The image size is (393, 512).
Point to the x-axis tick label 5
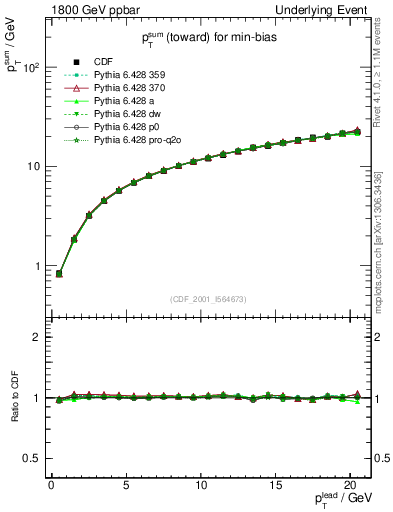tap(126, 485)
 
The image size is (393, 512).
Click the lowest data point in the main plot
tap(59, 273)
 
